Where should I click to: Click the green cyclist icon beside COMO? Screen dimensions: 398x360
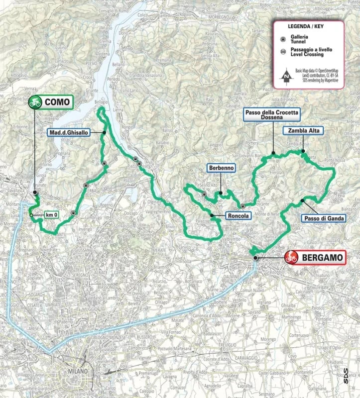(35, 102)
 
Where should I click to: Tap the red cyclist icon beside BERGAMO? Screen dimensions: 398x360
(291, 258)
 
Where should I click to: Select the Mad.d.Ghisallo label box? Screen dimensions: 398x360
(75, 132)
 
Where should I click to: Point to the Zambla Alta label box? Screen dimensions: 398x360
(303, 131)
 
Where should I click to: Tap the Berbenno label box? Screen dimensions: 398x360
(222, 169)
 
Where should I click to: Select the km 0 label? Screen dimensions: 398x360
(49, 215)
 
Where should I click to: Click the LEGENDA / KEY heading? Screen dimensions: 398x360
(307, 28)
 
